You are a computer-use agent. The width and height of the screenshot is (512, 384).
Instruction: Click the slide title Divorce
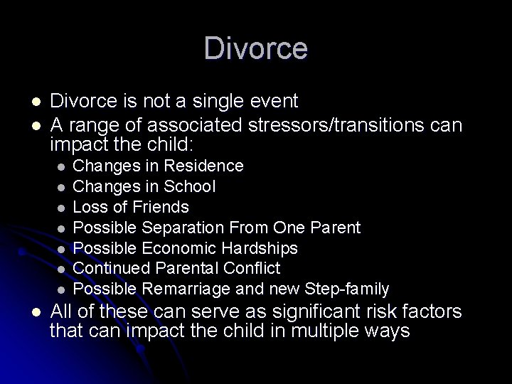pos(256,49)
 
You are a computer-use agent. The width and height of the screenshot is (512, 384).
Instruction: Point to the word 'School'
pos(190,186)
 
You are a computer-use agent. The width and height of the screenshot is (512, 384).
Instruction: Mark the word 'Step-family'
pos(346,289)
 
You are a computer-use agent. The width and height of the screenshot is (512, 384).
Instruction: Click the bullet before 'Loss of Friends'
pos(62,208)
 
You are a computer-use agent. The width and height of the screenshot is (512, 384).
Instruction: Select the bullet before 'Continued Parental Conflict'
pos(62,269)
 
